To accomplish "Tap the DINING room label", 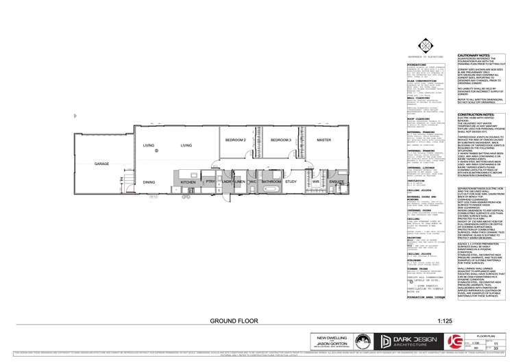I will point(149,182).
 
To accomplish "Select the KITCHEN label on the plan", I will point(188,182).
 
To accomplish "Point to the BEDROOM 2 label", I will point(235,140).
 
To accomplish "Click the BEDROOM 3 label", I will point(280,140).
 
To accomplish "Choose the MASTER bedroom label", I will point(323,140).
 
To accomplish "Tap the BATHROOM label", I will point(271,181).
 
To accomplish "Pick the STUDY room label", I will point(291,181).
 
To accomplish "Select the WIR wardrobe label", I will point(317,181).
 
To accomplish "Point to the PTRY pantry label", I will point(210,182).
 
